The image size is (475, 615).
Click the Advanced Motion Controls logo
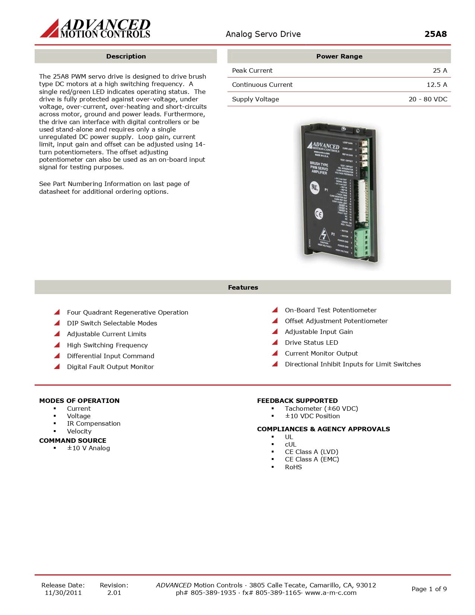click(x=95, y=28)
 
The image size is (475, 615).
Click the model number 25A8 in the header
click(x=435, y=34)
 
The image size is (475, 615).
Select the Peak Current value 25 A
click(x=440, y=70)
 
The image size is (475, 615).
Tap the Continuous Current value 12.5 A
click(x=437, y=85)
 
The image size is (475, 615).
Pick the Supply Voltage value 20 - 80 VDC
click(x=428, y=99)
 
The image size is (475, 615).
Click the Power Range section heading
click(x=339, y=56)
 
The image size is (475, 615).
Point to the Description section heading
click(x=126, y=56)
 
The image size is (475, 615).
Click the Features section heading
click(x=243, y=287)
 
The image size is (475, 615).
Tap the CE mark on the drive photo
click(x=319, y=214)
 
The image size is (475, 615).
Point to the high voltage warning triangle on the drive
click(x=324, y=235)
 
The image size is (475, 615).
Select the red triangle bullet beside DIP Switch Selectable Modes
click(x=57, y=323)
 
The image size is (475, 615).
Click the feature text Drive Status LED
click(x=311, y=343)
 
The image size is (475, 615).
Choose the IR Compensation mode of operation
click(x=94, y=423)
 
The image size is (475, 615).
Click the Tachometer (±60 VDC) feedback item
click(x=321, y=409)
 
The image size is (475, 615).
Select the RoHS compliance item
click(x=293, y=467)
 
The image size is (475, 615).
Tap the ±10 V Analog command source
click(x=88, y=448)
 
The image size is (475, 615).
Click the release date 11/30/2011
click(x=63, y=593)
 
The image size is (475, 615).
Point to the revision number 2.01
click(x=114, y=593)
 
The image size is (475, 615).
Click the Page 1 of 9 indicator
click(x=429, y=589)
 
